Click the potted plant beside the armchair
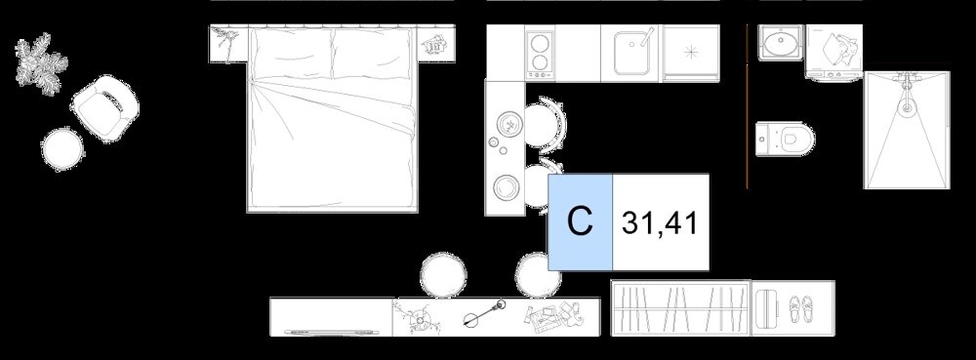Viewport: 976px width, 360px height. (x=41, y=63)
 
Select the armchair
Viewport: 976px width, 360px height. (x=105, y=108)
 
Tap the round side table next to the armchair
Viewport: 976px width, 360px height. (x=62, y=148)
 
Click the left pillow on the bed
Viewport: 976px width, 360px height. (x=291, y=54)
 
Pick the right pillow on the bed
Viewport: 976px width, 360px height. (x=372, y=54)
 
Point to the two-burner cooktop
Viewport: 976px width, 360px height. (x=541, y=54)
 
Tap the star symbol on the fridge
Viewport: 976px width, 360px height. (x=691, y=53)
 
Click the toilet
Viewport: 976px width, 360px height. (x=785, y=139)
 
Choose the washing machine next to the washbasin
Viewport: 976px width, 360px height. (x=834, y=52)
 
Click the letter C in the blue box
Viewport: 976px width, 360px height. (x=580, y=220)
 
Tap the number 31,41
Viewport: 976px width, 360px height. (x=659, y=223)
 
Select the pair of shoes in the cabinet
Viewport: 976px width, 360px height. (x=801, y=308)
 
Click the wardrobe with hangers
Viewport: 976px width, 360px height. (x=681, y=308)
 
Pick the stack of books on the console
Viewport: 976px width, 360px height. (x=553, y=314)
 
